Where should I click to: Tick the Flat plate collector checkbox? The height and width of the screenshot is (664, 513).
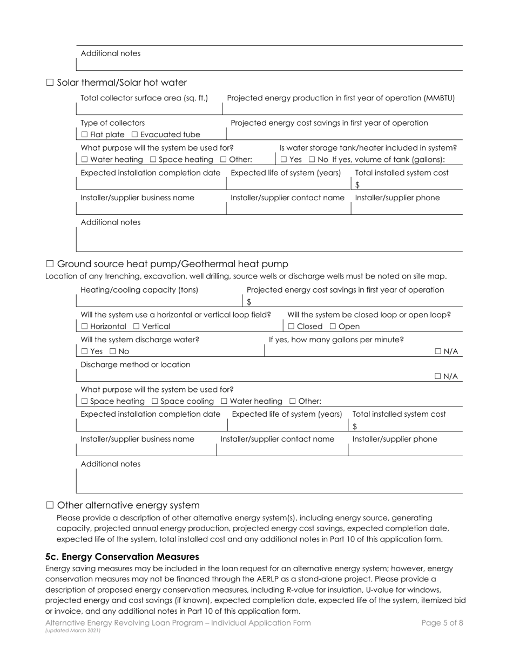click(x=84, y=135)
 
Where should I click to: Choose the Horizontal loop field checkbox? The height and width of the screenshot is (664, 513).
click(x=84, y=327)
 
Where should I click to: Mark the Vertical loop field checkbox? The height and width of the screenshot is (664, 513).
click(x=136, y=327)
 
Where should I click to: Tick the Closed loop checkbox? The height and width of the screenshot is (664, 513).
click(x=292, y=327)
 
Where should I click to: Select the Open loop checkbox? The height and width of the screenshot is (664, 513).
click(x=333, y=327)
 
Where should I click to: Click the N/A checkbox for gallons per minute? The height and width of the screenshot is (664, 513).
click(x=438, y=352)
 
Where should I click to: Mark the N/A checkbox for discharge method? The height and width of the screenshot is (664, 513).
click(x=438, y=377)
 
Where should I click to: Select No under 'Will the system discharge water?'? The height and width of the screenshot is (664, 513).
click(x=112, y=352)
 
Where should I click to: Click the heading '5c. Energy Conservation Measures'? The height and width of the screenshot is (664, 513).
click(x=122, y=557)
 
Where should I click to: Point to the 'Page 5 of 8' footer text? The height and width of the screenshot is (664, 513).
click(x=442, y=622)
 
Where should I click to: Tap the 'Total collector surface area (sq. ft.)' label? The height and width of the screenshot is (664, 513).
click(x=144, y=98)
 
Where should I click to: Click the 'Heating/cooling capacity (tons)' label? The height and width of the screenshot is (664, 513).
click(x=139, y=290)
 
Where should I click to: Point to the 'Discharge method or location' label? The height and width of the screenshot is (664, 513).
click(x=135, y=365)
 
